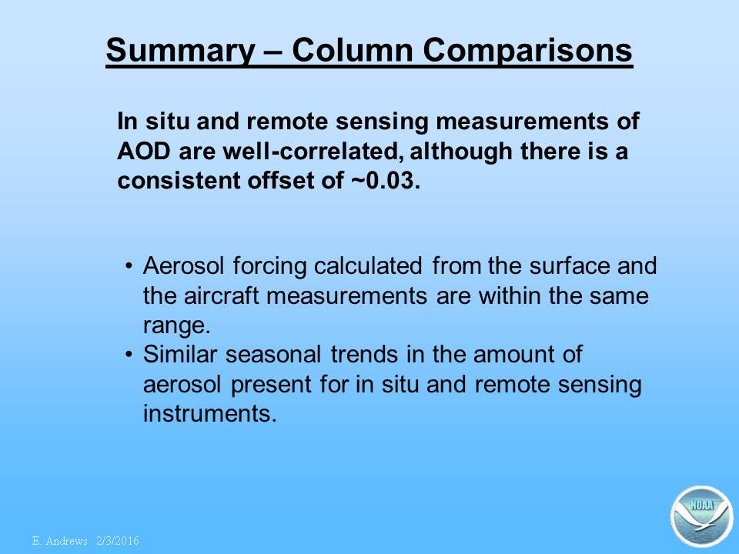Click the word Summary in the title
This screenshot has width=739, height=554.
(x=180, y=51)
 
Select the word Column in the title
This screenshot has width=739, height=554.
(x=353, y=49)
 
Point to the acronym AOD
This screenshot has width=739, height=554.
(x=144, y=152)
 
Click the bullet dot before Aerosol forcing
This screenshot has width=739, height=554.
(x=129, y=266)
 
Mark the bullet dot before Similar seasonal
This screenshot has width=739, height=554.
(x=129, y=354)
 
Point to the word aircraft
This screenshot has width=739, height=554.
(x=221, y=295)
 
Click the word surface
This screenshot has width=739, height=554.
(x=568, y=265)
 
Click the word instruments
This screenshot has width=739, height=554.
(x=209, y=413)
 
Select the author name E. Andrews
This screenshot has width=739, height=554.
(x=60, y=541)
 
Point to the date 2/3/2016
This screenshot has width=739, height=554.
(x=118, y=541)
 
